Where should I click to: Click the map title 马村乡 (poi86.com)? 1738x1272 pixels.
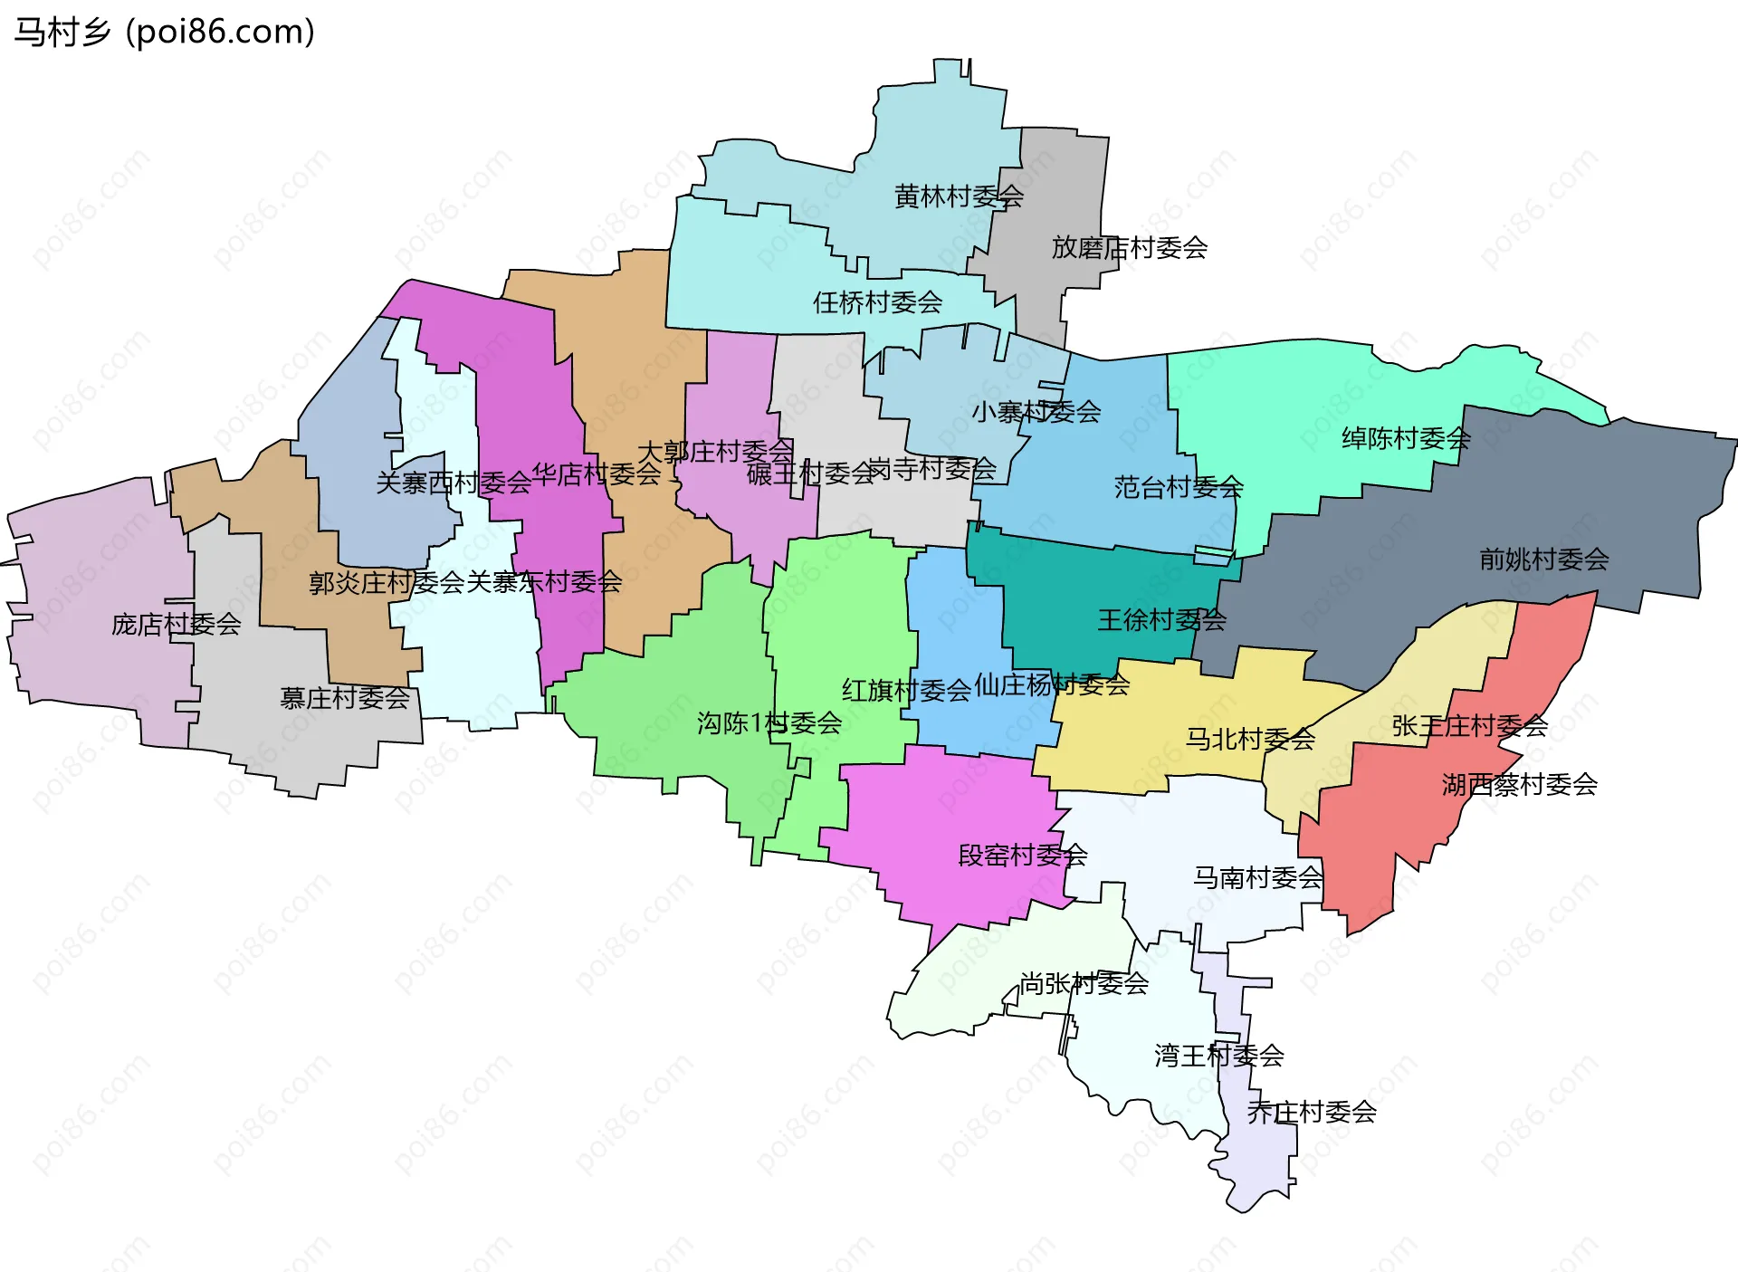[164, 32]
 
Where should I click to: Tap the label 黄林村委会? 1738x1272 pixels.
[959, 196]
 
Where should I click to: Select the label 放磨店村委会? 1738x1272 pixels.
[1129, 248]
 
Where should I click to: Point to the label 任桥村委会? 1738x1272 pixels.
[877, 302]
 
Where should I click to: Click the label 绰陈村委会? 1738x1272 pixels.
[1406, 439]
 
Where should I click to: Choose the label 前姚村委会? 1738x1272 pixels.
[1543, 559]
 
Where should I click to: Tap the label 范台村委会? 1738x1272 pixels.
[1178, 488]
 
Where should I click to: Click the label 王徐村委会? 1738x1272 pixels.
[1161, 620]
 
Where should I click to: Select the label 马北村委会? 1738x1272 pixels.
[1250, 740]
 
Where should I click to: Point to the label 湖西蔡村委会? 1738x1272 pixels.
[1519, 784]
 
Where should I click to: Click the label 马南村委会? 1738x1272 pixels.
[1257, 877]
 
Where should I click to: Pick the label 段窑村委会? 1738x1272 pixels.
[1022, 856]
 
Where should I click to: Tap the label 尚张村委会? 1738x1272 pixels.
[1084, 983]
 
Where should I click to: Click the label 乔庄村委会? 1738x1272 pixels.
[1312, 1112]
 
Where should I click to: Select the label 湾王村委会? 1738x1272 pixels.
[1218, 1056]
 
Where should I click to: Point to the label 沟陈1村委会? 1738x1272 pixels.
[769, 723]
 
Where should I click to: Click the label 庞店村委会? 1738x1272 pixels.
[176, 625]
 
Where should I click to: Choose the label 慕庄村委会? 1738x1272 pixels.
[344, 698]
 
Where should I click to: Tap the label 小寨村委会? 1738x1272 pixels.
[1036, 412]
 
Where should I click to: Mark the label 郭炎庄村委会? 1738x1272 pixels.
[387, 583]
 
